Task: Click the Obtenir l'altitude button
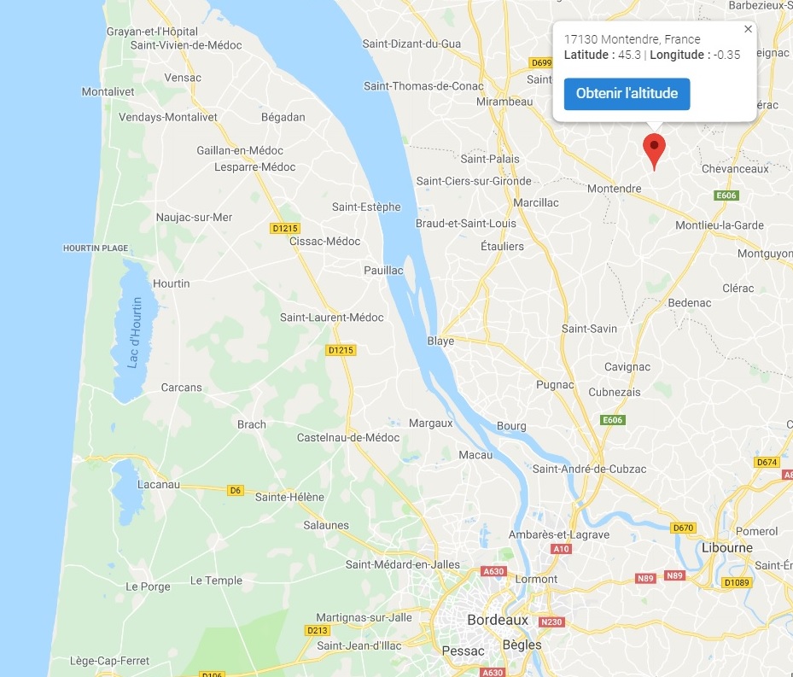[627, 94]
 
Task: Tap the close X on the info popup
[749, 29]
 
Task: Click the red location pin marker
[654, 149]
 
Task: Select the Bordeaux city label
[498, 620]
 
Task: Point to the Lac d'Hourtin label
[135, 333]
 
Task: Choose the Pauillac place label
[383, 271]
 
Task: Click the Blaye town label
[440, 341]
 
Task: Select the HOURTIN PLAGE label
[96, 248]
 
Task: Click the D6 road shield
[236, 490]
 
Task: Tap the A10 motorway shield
[561, 549]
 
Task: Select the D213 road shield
[317, 631]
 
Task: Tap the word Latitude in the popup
[588, 55]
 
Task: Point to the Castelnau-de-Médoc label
[347, 438]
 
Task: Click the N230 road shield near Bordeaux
[552, 622]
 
